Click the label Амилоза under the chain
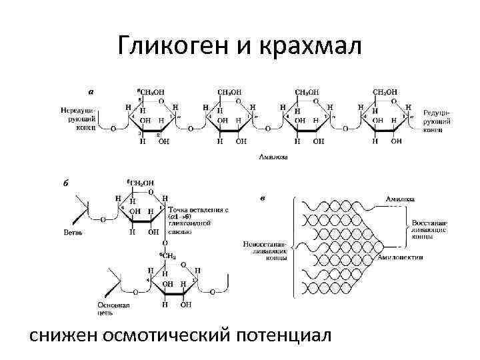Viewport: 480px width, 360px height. click(x=273, y=158)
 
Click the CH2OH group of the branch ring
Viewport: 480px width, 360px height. click(x=141, y=182)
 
